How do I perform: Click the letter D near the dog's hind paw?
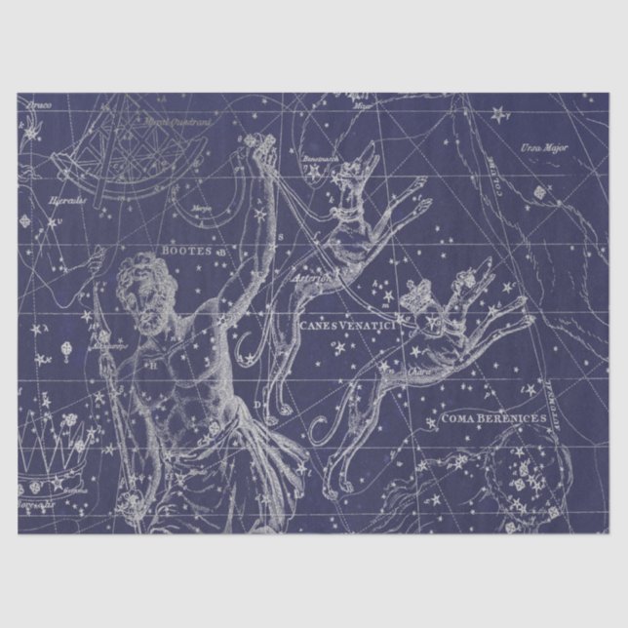[x=258, y=403]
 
